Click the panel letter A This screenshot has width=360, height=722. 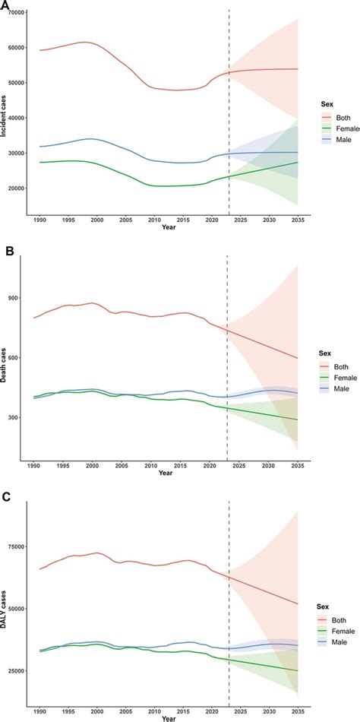[5, 6]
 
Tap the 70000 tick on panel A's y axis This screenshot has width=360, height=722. [14, 12]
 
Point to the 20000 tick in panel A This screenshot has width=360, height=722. [14, 188]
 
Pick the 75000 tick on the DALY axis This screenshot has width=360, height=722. [14, 546]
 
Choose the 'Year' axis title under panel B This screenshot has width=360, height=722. [166, 473]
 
